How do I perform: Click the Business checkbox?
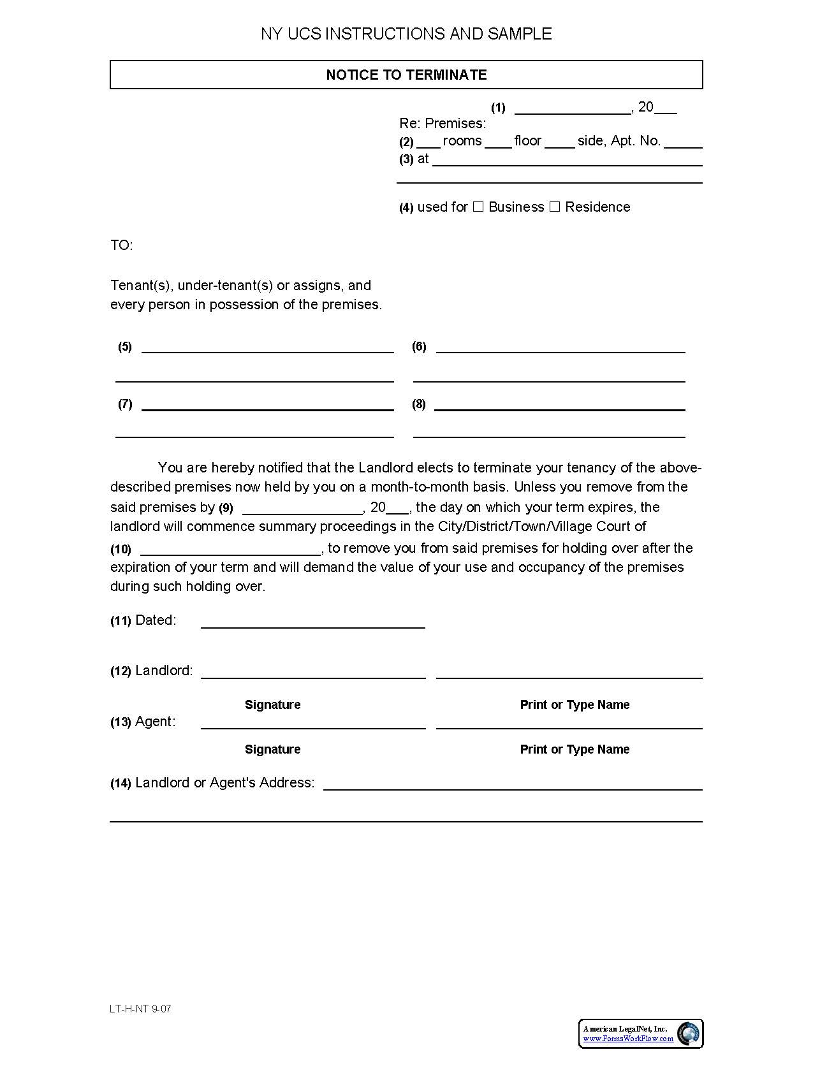[x=478, y=207]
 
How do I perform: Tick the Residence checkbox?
[x=555, y=207]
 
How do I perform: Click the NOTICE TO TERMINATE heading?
[x=406, y=75]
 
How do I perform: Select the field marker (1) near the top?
[x=498, y=108]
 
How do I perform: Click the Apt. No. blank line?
[x=683, y=144]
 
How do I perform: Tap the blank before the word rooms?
[x=428, y=144]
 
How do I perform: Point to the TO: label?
[x=121, y=245]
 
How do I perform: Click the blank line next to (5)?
[x=267, y=349]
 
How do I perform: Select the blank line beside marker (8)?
[x=559, y=406]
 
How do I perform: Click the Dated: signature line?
[x=312, y=624]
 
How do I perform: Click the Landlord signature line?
[x=312, y=675]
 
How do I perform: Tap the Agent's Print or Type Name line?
[x=569, y=725]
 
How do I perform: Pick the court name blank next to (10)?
[x=230, y=551]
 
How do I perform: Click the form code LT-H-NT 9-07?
[x=140, y=1009]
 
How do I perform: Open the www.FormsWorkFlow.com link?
[x=628, y=1039]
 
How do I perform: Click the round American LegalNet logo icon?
[x=688, y=1033]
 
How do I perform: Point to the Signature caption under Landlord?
[x=272, y=704]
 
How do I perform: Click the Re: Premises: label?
[x=443, y=123]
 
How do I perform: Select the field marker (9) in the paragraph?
[x=226, y=508]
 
